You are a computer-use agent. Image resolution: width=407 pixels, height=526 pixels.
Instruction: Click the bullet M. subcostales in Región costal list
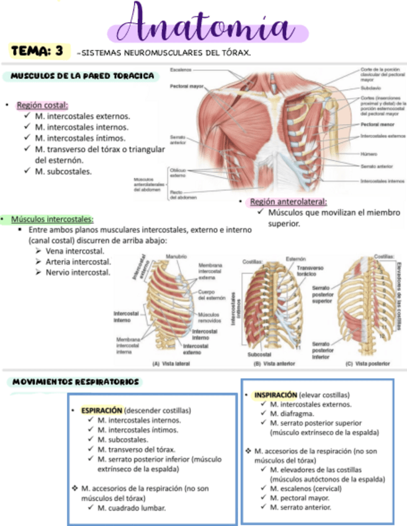pyautogui.click(x=64, y=171)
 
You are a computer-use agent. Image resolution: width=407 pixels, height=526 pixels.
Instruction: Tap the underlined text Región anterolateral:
pyautogui.click(x=288, y=202)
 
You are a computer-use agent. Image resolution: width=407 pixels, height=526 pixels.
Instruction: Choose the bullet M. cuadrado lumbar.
pyautogui.click(x=132, y=507)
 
